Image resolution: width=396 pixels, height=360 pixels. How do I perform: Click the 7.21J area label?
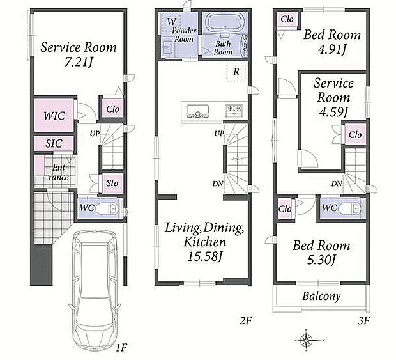coord(79,62)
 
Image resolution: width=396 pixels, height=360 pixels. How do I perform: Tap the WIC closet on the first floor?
coord(54,116)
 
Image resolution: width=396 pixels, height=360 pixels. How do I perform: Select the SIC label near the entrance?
coord(54,144)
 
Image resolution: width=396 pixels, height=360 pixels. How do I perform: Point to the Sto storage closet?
coord(112,183)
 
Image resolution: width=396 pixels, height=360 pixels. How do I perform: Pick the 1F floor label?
coord(121,348)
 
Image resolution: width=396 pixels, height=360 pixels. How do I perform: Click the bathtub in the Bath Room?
coord(224,22)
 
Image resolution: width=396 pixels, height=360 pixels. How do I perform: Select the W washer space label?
coord(171,22)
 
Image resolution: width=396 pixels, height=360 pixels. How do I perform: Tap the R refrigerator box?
coord(236,72)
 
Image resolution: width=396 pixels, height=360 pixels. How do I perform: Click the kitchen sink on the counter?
coord(198,111)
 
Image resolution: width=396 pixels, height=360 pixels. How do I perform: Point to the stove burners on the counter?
coord(234,111)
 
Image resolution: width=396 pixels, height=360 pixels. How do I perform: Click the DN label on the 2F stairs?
coord(218,184)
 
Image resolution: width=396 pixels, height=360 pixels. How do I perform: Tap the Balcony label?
coord(321,296)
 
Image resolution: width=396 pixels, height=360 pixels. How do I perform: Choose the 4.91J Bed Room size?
coord(332,50)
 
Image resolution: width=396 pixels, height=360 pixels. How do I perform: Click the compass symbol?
coord(307,340)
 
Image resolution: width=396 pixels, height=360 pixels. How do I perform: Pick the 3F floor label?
coord(363,321)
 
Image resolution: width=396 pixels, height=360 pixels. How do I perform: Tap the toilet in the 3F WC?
coord(349,208)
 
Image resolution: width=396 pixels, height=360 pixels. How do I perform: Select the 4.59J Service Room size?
coord(333,112)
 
